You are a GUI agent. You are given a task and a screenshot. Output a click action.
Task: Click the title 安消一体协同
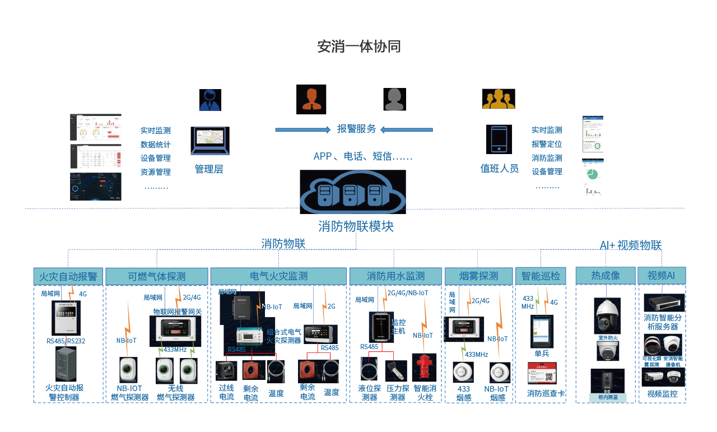[x=358, y=47]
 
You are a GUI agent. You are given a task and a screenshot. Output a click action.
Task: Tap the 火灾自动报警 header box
[x=68, y=276]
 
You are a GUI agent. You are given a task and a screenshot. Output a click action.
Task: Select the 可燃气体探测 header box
[x=157, y=276]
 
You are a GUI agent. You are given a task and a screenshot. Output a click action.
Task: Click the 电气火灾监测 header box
[x=278, y=276]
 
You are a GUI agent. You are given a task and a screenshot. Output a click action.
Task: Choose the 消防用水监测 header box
[x=395, y=276]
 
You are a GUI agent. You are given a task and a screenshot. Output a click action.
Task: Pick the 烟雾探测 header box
[x=478, y=276]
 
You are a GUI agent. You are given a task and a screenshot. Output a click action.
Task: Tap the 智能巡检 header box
[x=541, y=276]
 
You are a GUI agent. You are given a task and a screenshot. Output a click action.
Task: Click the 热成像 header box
[x=606, y=276]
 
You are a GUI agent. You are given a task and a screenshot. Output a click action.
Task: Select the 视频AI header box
[x=662, y=276]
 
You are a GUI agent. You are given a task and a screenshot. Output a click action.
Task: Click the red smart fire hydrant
[x=424, y=368]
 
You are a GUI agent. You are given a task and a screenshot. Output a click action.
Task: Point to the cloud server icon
[x=352, y=192]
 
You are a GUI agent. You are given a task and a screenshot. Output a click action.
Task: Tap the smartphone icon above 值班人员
[x=499, y=140]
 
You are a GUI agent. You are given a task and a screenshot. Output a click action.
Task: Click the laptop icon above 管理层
[x=210, y=141]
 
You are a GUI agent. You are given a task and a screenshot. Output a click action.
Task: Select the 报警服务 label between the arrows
[x=356, y=129]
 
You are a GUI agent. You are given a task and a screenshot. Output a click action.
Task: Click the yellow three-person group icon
[x=499, y=99]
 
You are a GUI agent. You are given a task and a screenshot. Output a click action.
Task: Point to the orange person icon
[x=311, y=99]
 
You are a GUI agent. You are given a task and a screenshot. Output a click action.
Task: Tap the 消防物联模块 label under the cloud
[x=356, y=226]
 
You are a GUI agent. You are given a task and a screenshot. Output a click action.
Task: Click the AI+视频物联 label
[x=631, y=245]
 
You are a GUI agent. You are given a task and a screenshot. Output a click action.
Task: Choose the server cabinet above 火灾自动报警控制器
[x=66, y=364]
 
